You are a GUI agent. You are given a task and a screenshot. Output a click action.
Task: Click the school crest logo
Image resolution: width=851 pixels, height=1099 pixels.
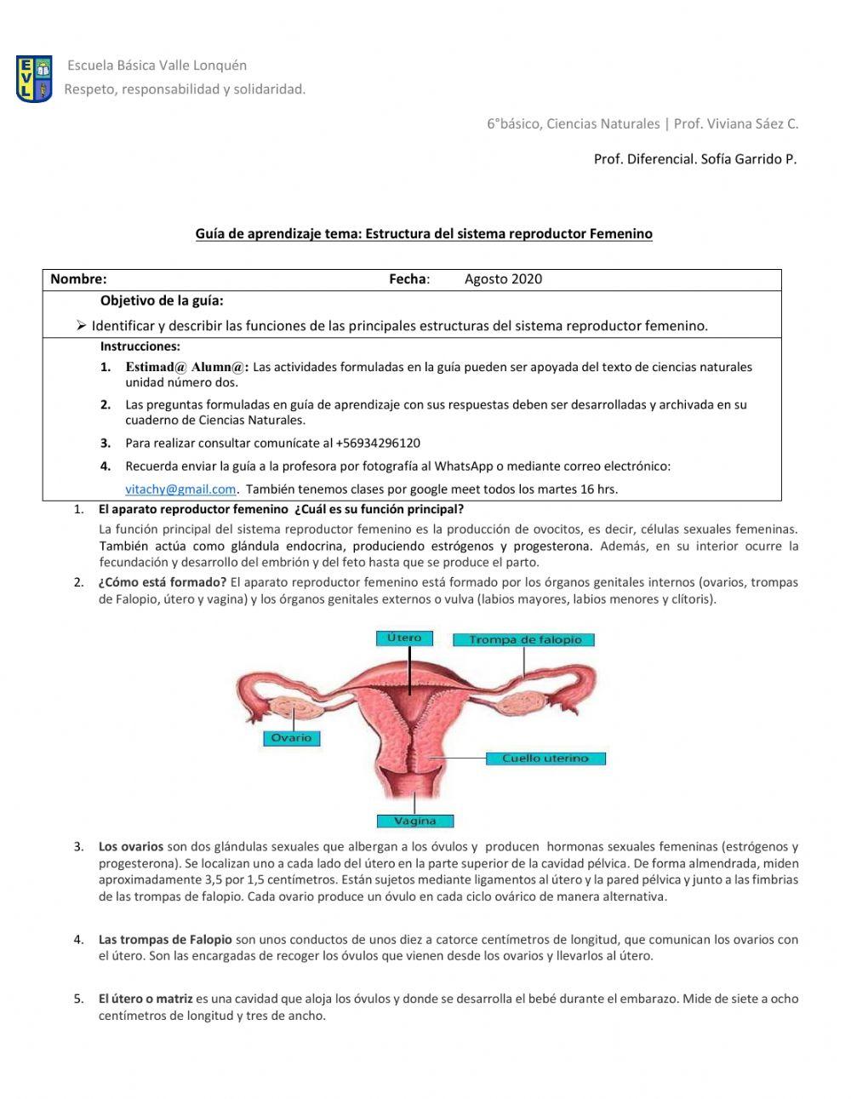[x=34, y=79]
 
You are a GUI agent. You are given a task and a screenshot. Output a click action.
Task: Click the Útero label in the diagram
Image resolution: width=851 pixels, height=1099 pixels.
[x=404, y=638]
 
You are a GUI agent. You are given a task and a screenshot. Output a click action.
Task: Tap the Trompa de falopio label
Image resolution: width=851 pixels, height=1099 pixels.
[x=524, y=639]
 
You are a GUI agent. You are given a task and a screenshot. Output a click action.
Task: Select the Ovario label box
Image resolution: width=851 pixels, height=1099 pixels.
[x=291, y=738]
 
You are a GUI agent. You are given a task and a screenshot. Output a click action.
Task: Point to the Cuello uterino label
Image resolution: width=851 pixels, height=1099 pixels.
[x=545, y=758]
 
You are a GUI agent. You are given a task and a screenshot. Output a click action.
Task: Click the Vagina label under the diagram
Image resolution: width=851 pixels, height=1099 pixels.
[x=415, y=821]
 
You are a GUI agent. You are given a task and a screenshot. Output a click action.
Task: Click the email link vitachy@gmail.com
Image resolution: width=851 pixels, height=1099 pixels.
[x=180, y=489]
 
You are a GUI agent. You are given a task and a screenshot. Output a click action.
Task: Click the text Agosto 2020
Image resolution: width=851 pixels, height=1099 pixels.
[x=503, y=279]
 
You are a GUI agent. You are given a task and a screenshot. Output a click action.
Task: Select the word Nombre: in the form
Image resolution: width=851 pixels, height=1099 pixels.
[x=78, y=279]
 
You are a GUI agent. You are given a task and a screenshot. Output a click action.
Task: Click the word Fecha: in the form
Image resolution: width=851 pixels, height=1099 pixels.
[x=409, y=279]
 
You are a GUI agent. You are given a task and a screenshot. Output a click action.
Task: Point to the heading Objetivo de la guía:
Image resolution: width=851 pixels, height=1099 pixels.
[x=162, y=301]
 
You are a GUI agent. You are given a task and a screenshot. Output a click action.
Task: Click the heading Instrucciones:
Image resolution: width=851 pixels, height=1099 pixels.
[x=140, y=346]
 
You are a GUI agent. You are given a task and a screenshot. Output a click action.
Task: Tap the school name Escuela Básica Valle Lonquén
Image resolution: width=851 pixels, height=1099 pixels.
[x=157, y=65]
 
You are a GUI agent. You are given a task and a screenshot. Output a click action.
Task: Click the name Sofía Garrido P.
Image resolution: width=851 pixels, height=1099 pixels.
[x=749, y=158]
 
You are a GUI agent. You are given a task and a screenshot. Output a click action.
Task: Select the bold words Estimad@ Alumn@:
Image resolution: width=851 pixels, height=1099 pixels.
[x=187, y=367]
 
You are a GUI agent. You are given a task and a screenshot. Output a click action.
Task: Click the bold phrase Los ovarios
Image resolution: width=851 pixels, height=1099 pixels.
[x=130, y=846]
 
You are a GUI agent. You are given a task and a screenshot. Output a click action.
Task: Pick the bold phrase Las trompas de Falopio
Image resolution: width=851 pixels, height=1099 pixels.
[x=165, y=940]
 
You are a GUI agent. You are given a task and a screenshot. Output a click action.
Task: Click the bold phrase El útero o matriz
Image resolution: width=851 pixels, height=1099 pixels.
[x=146, y=999]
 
